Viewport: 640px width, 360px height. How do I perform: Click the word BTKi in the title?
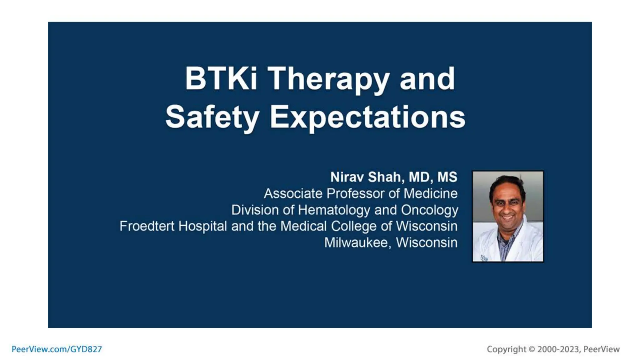pos(221,79)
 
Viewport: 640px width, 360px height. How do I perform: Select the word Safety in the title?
pos(212,117)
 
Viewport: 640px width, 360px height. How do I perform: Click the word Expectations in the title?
pos(367,117)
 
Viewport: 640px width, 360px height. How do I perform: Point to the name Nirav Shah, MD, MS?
pos(394,177)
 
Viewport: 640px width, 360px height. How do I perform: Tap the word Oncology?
pos(429,210)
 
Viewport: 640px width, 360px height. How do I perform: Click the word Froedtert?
pos(147,226)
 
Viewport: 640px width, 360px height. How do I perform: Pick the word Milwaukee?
pos(356,242)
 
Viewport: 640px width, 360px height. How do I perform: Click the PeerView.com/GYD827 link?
pos(57,349)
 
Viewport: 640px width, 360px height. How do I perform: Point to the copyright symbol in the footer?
pos(532,349)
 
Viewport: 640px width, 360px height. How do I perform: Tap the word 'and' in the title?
pos(427,79)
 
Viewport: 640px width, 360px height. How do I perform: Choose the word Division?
pos(255,210)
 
